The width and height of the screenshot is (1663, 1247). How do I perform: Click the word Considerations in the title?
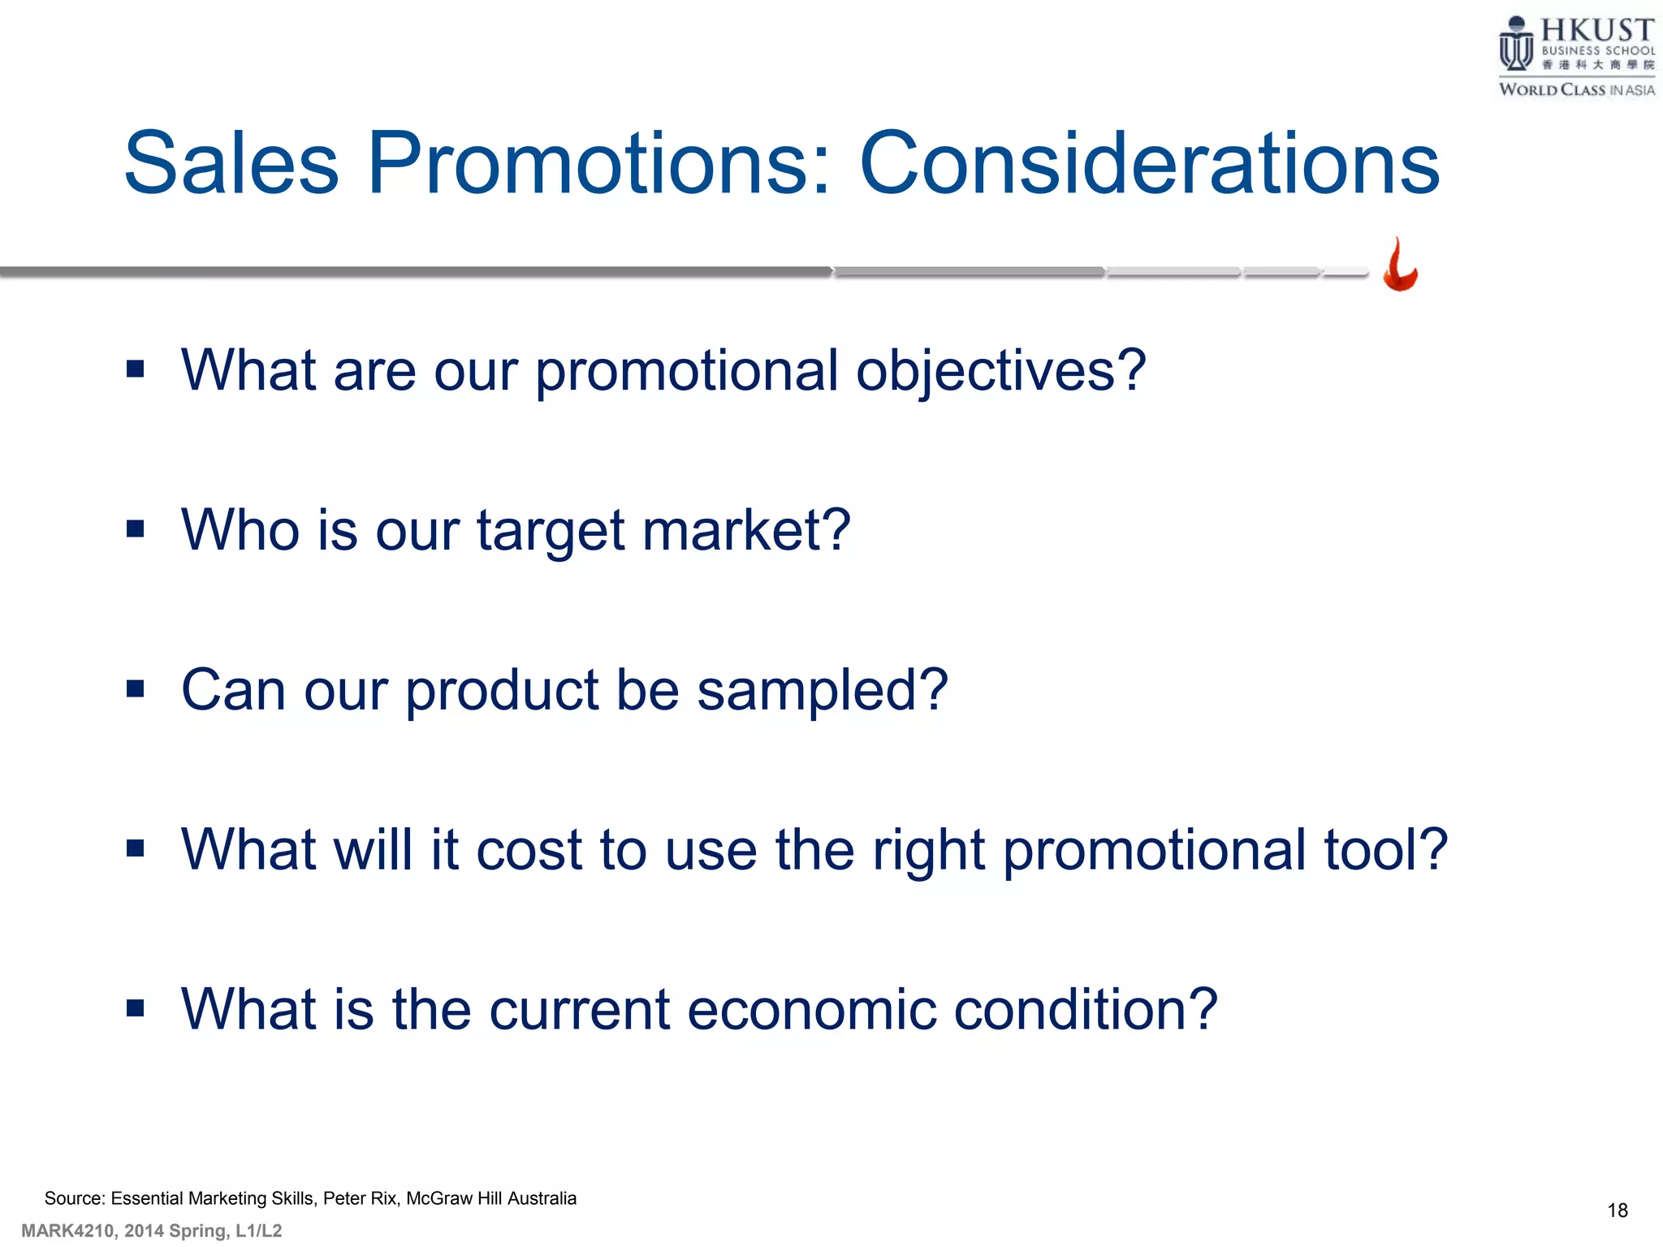[x=1149, y=165]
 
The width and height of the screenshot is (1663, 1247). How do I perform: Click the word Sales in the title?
[x=231, y=165]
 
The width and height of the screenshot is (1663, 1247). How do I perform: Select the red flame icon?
[x=1400, y=265]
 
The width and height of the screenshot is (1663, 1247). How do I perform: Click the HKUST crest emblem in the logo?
[x=1515, y=45]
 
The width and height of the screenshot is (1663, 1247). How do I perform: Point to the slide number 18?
[x=1617, y=1210]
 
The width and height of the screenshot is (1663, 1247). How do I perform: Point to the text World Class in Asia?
[x=1576, y=90]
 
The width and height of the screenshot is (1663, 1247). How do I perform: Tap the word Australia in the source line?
[x=542, y=1198]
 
